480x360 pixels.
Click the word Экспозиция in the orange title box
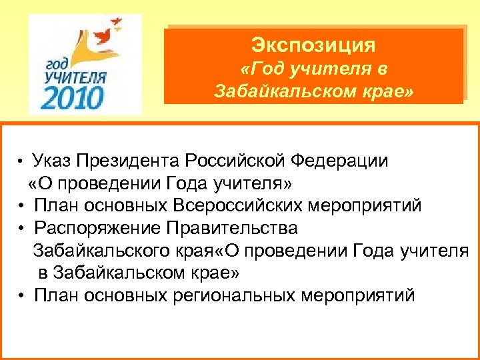[x=313, y=46]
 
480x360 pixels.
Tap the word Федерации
[x=343, y=161]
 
